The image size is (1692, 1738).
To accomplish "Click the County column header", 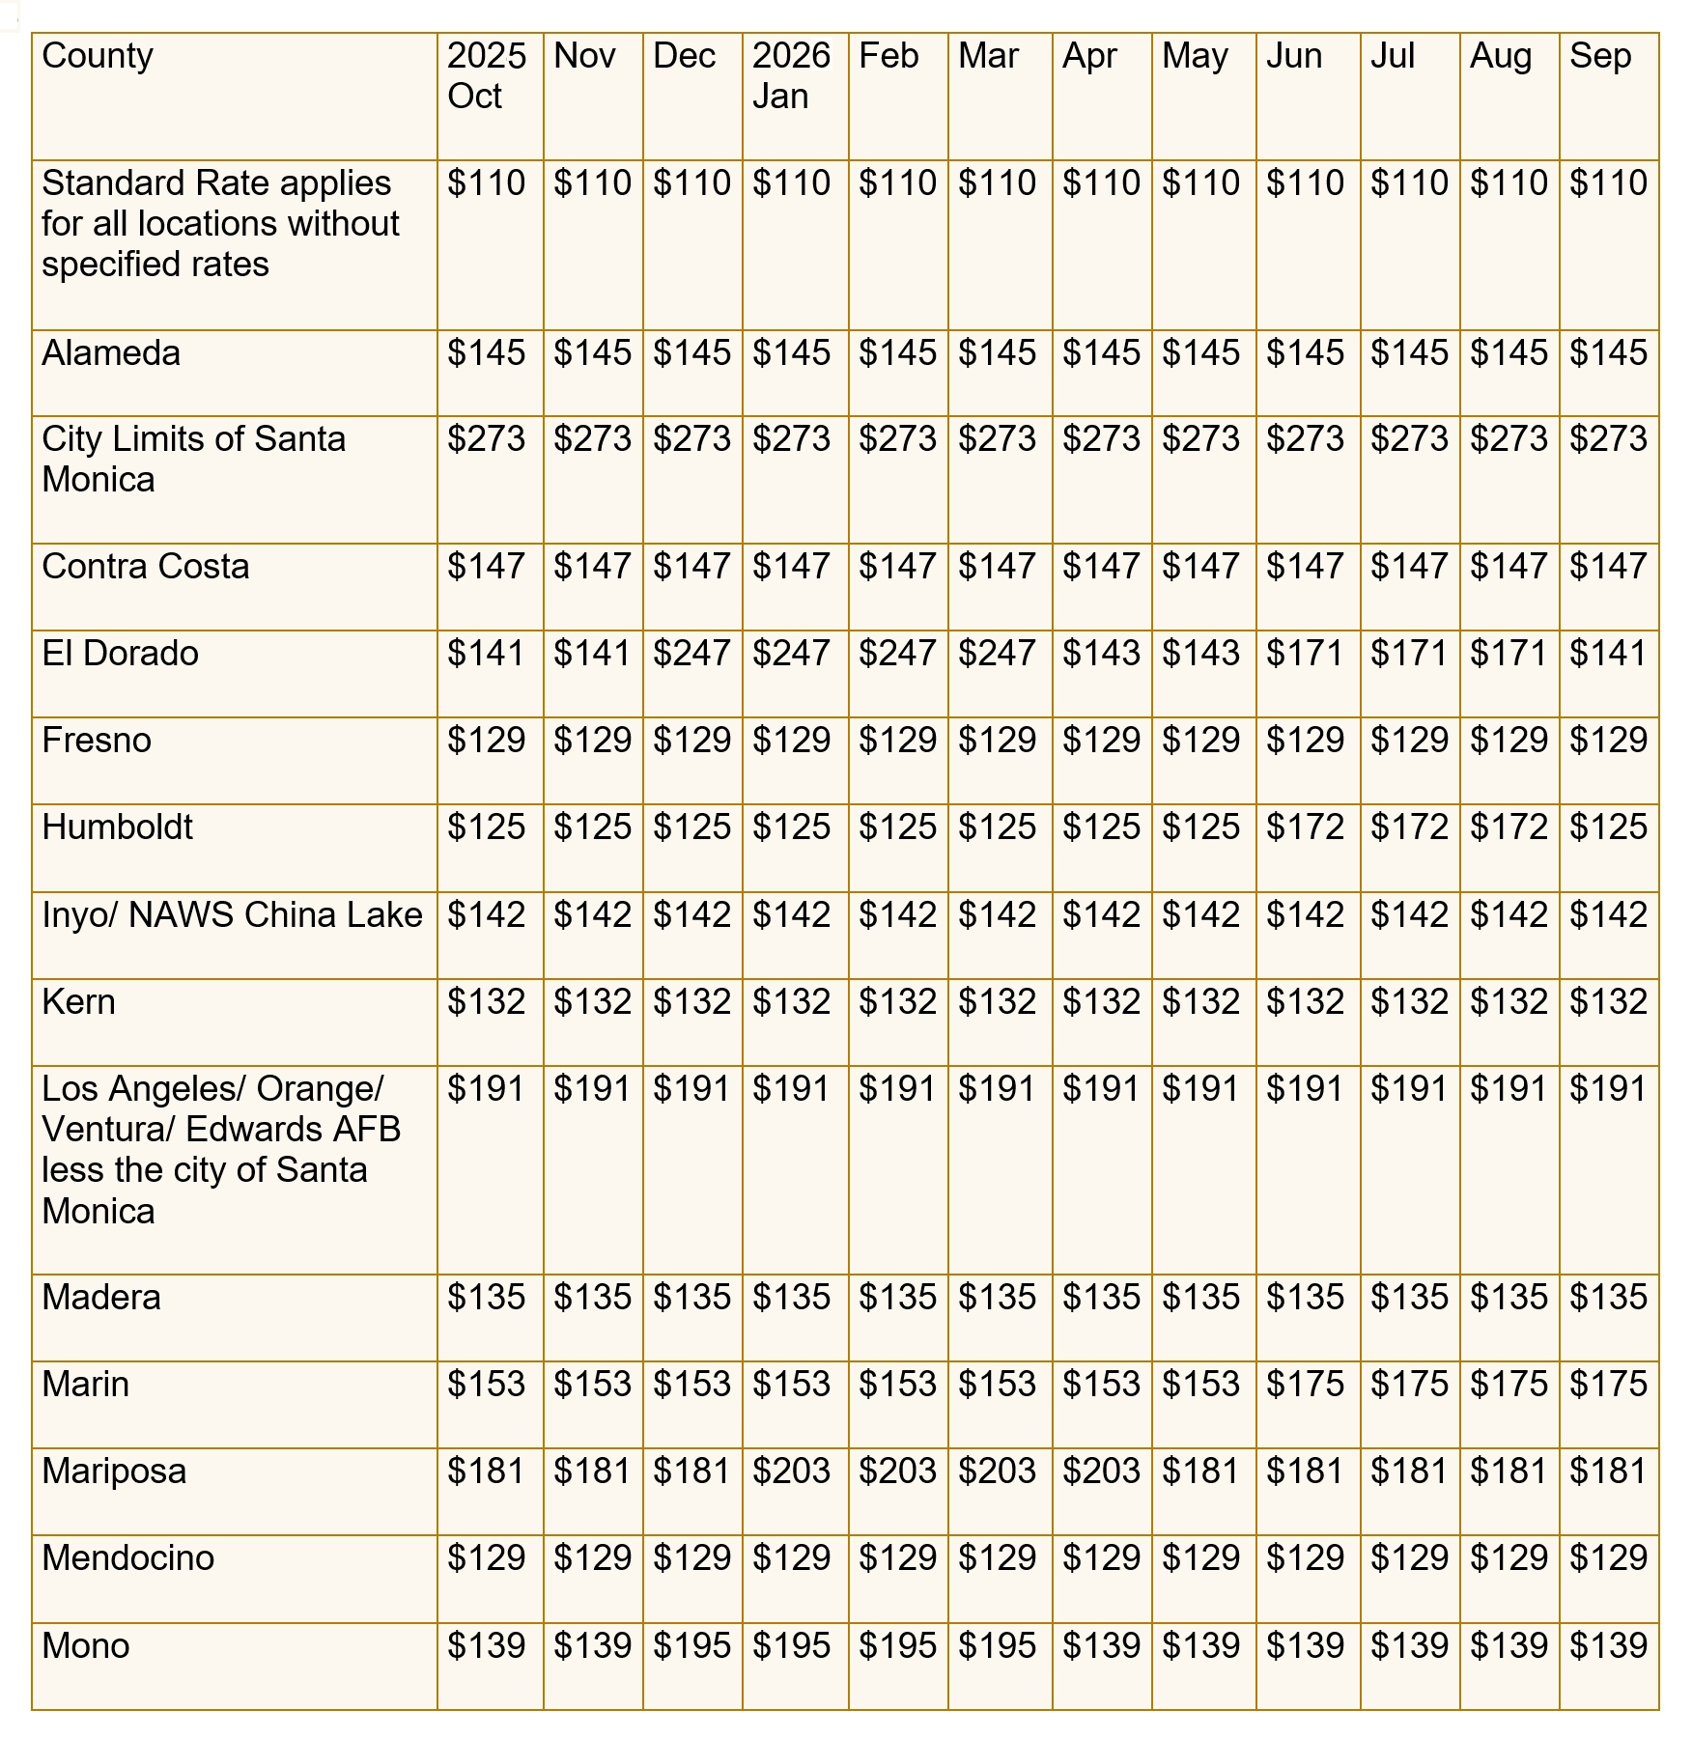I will [98, 56].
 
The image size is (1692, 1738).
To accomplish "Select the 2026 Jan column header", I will [791, 76].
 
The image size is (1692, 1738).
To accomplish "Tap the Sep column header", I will [1599, 56].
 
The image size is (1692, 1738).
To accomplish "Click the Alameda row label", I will [111, 353].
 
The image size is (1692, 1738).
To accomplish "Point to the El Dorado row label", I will [120, 654].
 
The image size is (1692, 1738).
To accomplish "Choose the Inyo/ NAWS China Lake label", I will [232, 914].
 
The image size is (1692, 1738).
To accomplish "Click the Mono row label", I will [86, 1645].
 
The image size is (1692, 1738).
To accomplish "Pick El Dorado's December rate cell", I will [691, 654].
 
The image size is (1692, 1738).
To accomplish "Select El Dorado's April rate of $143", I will [1101, 654].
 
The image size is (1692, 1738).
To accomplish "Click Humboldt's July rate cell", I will [1409, 827].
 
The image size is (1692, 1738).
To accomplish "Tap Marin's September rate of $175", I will [1608, 1384].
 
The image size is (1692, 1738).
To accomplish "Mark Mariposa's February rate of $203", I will [897, 1471].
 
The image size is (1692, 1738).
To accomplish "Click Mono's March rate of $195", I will [997, 1645].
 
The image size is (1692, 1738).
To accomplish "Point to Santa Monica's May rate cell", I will [1200, 439].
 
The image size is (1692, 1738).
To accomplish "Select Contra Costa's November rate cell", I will [592, 567].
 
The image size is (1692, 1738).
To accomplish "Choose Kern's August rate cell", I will [1509, 1001].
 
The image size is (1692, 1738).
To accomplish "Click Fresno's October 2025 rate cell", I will [486, 741].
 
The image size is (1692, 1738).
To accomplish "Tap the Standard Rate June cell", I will [1305, 183].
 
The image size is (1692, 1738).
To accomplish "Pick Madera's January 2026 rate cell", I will [791, 1297].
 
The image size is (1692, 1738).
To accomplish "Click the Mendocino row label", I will [127, 1557].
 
